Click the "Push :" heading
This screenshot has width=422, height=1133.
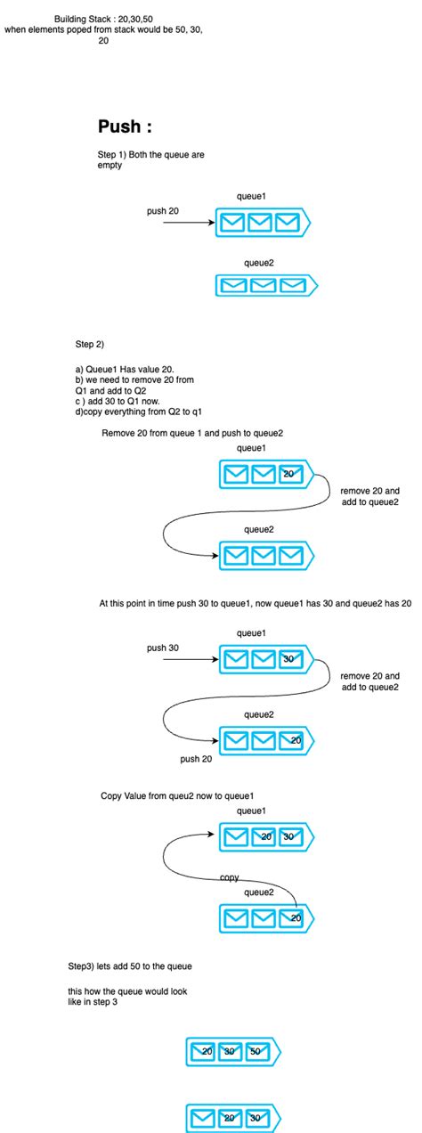point(130,126)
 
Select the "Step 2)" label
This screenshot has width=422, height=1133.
point(90,343)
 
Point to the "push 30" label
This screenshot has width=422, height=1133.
point(163,648)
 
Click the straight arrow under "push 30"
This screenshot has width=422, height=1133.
point(182,660)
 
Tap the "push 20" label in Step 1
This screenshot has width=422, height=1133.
point(163,210)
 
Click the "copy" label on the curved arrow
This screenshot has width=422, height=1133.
point(229,877)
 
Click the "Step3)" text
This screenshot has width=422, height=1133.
point(84,966)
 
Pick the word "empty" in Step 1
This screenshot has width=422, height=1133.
point(110,166)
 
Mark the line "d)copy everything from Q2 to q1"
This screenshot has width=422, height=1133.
point(140,411)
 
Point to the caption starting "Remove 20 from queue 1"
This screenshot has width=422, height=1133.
point(192,433)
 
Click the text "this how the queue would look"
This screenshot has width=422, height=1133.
point(127,991)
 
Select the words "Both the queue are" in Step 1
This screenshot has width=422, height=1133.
point(166,155)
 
